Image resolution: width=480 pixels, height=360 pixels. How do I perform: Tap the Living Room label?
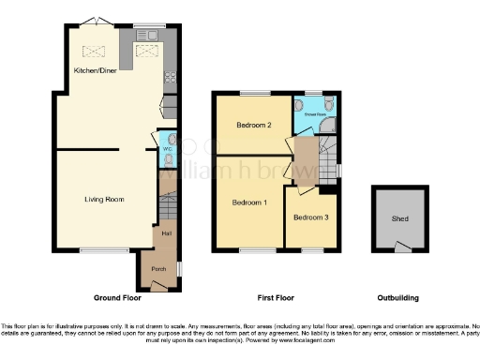pos(104,199)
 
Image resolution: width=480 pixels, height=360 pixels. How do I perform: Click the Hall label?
pos(166,232)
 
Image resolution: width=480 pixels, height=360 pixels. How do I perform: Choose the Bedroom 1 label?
pos(250,202)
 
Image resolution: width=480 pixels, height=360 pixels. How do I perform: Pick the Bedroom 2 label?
pos(253,125)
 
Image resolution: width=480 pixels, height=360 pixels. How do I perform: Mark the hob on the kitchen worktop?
pos(172,76)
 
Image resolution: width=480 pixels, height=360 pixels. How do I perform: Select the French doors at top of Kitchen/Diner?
pos(91,21)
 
